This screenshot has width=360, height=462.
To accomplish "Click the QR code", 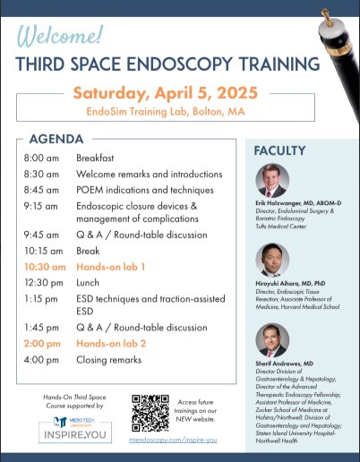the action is point(150,412).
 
